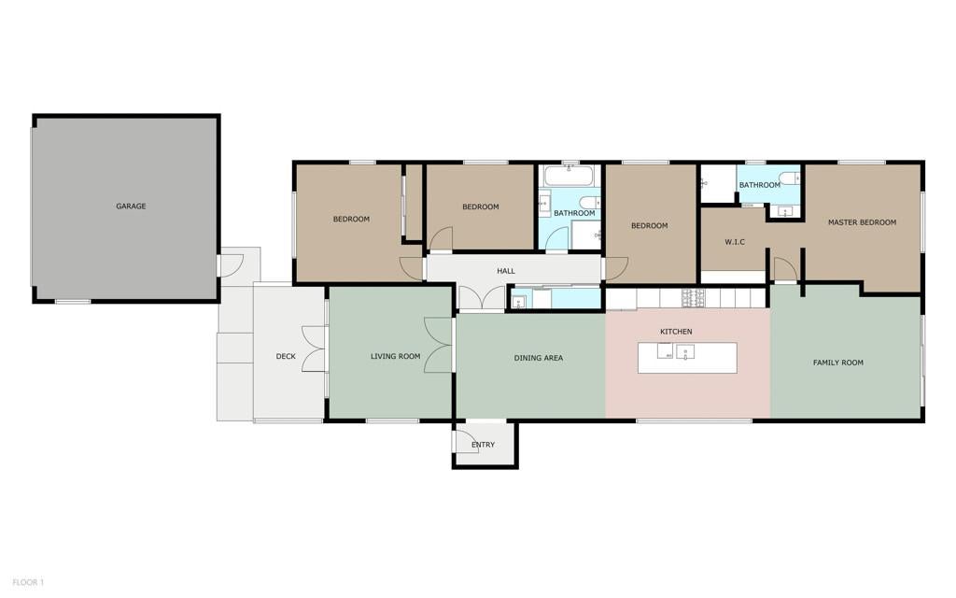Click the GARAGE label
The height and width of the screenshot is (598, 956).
pos(131,206)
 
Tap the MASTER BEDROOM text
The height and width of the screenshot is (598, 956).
pos(862,222)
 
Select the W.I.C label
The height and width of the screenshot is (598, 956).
pos(735,242)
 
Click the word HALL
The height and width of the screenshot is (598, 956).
pos(506,271)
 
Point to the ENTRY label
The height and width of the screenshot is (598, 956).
pos(484,445)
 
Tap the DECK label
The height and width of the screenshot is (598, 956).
pos(286,356)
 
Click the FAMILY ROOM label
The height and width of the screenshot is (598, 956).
pos(838,363)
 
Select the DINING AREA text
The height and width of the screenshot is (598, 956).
pos(539,358)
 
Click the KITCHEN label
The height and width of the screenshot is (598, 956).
pos(676,332)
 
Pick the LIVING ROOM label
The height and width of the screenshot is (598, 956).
pos(396,356)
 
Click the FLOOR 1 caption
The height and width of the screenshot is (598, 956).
pos(28,583)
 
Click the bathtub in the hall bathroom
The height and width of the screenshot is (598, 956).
pos(569,176)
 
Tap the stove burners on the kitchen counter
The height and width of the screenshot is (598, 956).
pos(694,298)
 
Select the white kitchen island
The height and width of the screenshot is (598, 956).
pos(688,358)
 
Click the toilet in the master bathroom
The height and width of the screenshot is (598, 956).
pos(790,178)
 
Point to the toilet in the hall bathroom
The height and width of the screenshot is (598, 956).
pos(590,202)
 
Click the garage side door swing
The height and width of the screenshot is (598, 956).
pos(232,266)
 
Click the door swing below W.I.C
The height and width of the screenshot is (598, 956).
pos(786,269)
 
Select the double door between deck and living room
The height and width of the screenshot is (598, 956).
pos(316,349)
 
